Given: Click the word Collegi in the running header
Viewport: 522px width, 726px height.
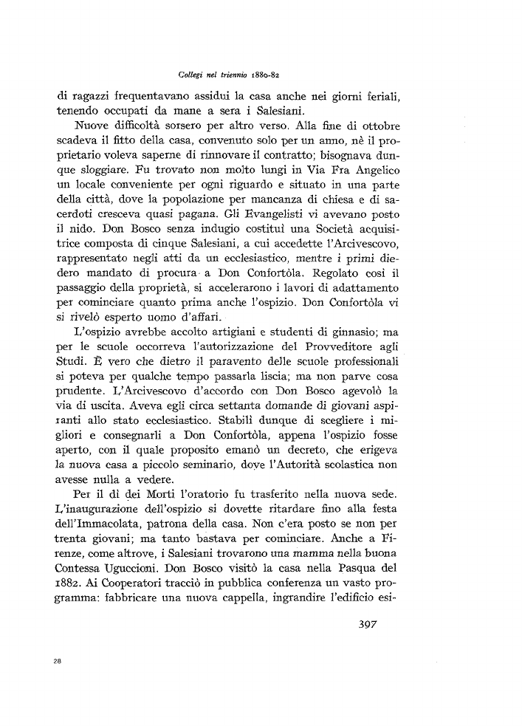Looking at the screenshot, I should (x=191, y=75).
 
